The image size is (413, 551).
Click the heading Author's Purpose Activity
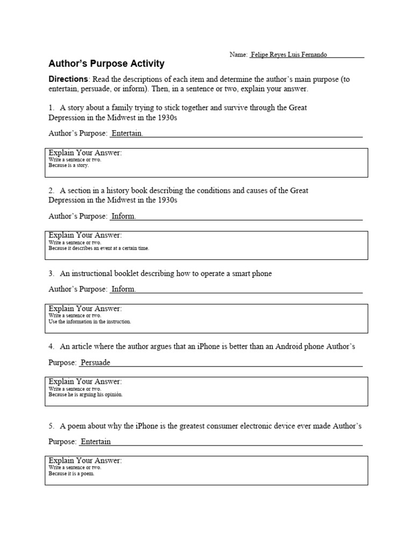[x=106, y=64]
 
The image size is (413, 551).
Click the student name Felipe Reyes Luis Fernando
[x=289, y=54]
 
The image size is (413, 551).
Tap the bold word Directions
[x=68, y=79]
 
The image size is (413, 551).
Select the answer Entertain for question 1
[x=127, y=133]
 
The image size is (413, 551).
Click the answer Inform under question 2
[x=123, y=216]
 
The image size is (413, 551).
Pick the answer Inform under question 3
[x=123, y=289]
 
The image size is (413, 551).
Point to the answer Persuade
[x=95, y=362]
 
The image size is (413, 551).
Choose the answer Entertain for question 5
[x=95, y=441]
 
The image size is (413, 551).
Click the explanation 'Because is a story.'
[x=69, y=166]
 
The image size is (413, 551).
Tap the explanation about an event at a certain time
[x=99, y=249]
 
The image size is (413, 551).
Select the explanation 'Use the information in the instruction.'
[x=90, y=322]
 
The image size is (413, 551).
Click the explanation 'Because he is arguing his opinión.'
[x=86, y=394]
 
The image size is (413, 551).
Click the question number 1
[x=51, y=108]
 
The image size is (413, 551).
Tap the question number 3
[x=51, y=273]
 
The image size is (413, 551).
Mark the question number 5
[x=51, y=426]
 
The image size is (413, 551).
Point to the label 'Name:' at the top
[x=238, y=54]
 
